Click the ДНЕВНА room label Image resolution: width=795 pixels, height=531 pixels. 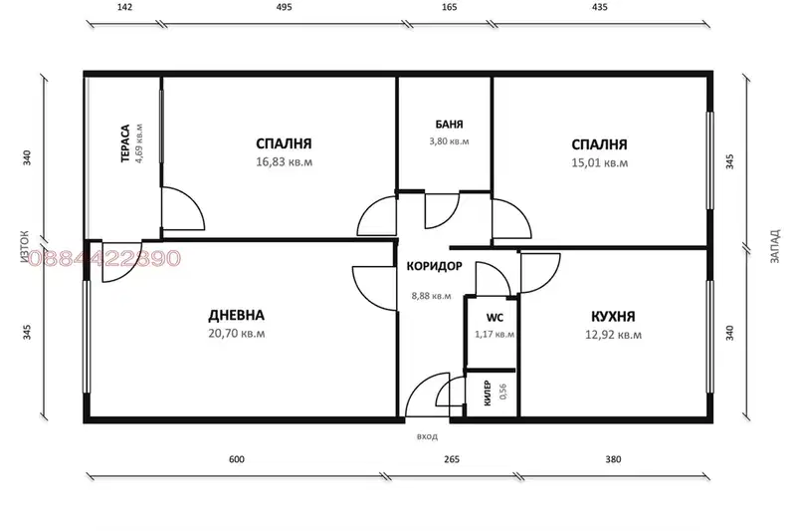(x=236, y=315)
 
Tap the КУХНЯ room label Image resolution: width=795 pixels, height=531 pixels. (x=613, y=317)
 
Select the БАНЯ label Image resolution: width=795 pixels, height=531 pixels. (x=449, y=125)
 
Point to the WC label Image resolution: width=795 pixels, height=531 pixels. (x=495, y=318)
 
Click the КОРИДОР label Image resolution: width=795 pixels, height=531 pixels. (x=435, y=266)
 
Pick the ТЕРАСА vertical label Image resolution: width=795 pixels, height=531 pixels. (x=125, y=143)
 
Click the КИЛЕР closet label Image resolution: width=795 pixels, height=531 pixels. (x=488, y=393)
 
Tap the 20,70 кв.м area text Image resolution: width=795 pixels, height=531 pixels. (x=236, y=334)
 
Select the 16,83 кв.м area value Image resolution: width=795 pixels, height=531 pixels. (x=284, y=162)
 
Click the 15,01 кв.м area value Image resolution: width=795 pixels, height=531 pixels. (x=600, y=163)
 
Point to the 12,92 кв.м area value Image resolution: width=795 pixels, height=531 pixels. (x=614, y=335)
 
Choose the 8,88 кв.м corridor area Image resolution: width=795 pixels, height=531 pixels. (x=432, y=296)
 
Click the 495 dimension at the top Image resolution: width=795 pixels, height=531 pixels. (x=285, y=7)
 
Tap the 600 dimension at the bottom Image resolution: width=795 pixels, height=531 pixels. (x=237, y=459)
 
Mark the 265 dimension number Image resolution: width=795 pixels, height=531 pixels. (x=452, y=459)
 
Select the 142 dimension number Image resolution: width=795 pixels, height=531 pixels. (x=124, y=7)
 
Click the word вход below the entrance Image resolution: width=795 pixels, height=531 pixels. (x=428, y=436)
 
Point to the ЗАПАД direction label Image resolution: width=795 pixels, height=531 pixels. (x=775, y=246)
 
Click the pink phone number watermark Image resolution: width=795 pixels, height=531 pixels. (x=103, y=258)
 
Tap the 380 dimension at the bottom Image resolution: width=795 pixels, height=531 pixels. (x=613, y=459)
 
